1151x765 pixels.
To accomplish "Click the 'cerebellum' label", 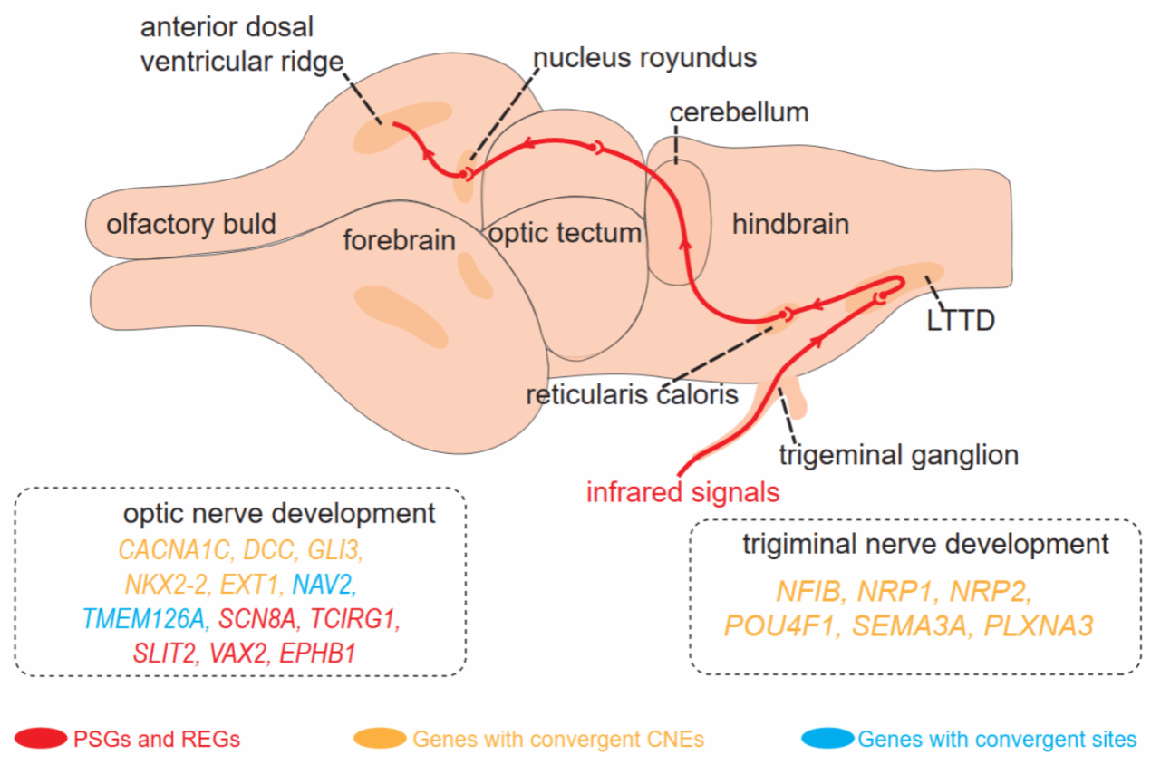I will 738,113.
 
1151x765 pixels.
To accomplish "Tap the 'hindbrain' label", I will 790,224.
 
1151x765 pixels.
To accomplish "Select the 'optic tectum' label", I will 565,233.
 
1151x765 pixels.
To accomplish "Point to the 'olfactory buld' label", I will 191,223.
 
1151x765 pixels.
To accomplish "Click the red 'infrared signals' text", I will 682,493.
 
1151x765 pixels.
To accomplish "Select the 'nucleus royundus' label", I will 644,59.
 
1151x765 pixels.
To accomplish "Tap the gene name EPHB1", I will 317,654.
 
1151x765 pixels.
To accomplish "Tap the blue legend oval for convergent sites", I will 827,739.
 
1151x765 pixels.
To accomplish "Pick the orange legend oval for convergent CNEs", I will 379,739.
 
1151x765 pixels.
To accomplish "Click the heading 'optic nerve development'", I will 279,514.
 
